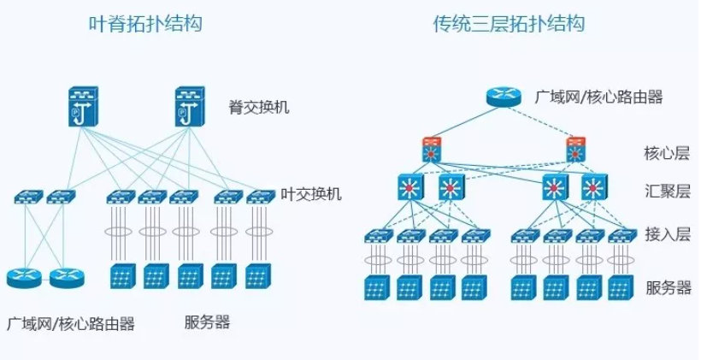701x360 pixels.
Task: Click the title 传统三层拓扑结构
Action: [x=510, y=24]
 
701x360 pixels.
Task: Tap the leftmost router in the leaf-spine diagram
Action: [x=23, y=277]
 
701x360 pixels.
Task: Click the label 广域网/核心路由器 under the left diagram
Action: [x=70, y=324]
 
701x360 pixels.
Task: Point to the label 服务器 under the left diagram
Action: [x=207, y=322]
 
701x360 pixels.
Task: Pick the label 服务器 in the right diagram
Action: [x=667, y=286]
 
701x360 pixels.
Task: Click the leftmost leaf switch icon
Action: [x=25, y=198]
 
